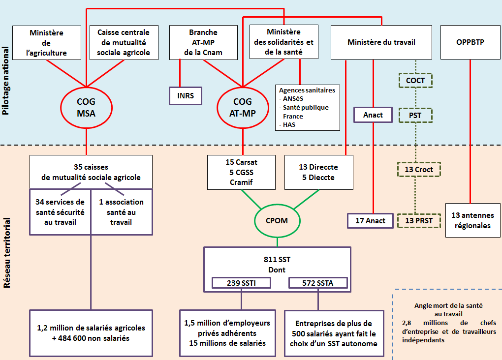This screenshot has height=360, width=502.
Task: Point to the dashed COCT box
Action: click(x=415, y=80)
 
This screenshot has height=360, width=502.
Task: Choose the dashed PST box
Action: click(x=415, y=116)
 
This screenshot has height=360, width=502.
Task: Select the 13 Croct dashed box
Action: click(x=419, y=170)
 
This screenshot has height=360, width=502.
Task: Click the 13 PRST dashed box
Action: click(x=419, y=220)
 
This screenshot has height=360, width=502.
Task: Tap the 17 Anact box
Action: click(x=370, y=221)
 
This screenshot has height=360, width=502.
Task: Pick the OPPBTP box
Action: click(x=470, y=42)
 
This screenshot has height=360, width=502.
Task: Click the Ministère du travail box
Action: click(x=381, y=42)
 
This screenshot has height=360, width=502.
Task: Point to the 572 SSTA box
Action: click(x=318, y=283)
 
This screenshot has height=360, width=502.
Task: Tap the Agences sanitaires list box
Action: click(x=308, y=108)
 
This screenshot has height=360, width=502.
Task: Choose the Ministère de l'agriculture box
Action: click(x=47, y=43)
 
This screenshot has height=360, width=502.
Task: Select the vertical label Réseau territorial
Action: click(x=6, y=253)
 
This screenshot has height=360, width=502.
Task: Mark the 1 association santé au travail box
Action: click(x=122, y=212)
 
